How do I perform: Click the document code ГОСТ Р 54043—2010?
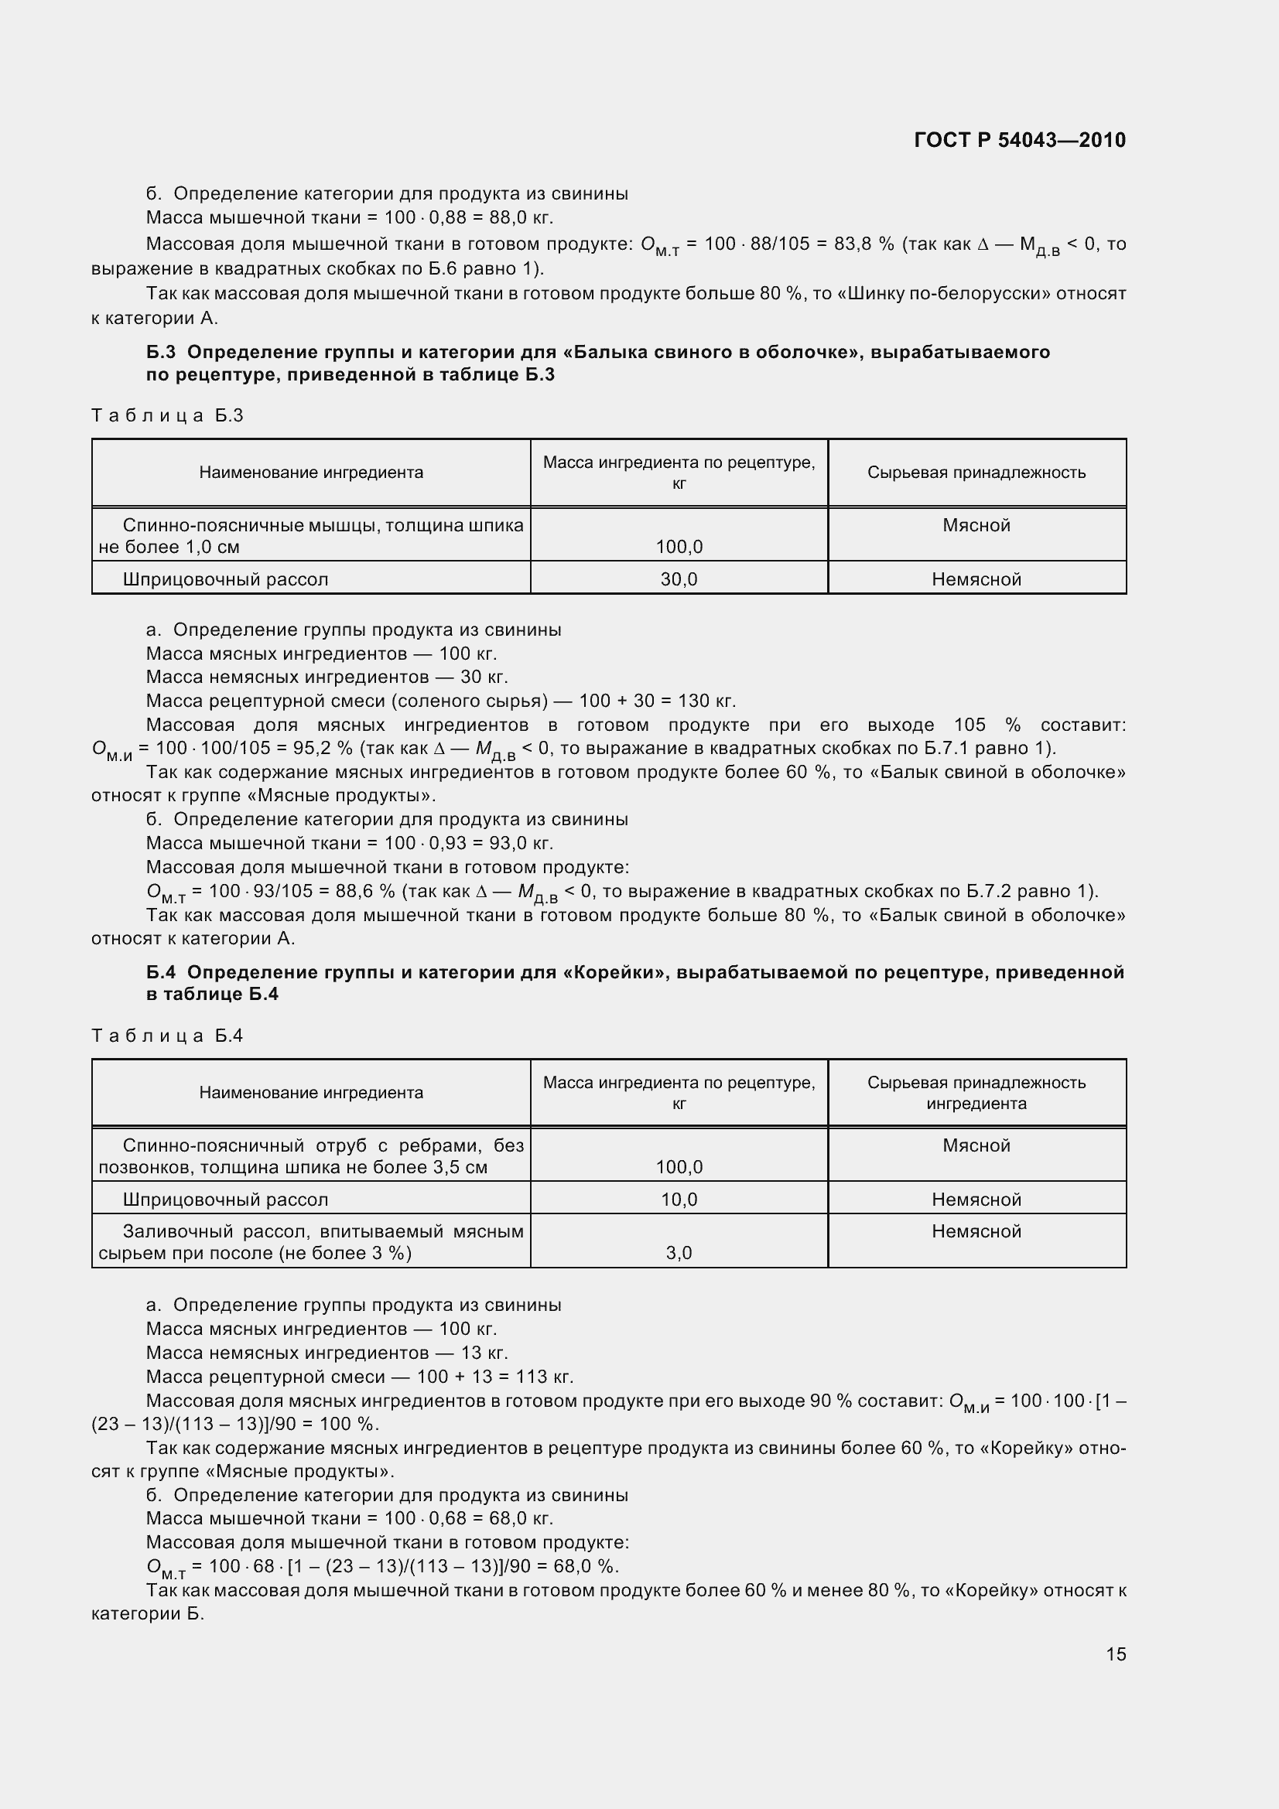[1019, 140]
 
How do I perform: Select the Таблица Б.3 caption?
[167, 415]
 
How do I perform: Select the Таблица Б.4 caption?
[167, 1036]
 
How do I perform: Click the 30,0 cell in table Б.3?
[679, 579]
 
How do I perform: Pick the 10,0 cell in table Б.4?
[679, 1200]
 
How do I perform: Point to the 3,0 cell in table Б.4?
[679, 1253]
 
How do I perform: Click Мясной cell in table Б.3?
[976, 525]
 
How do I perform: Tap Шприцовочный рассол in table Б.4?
[225, 1200]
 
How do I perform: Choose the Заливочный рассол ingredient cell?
[310, 1242]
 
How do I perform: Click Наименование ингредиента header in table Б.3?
[310, 473]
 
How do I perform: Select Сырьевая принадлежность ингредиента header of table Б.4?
[976, 1093]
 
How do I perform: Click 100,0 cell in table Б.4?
[679, 1167]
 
